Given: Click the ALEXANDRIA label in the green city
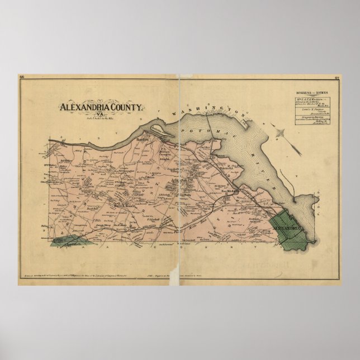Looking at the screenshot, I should [x=288, y=228].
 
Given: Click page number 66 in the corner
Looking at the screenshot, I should [x=22, y=77].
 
